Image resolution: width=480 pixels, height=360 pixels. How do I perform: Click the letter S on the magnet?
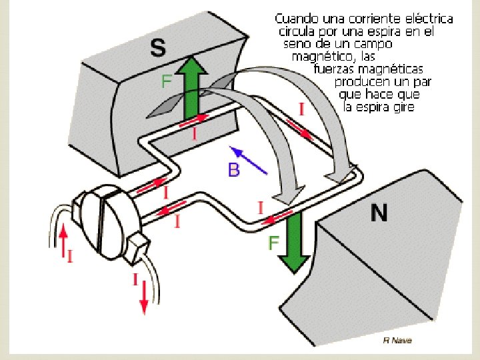pyautogui.click(x=157, y=47)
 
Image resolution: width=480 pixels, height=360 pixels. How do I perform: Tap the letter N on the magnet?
pyautogui.click(x=379, y=213)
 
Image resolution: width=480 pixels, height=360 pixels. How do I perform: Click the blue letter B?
pyautogui.click(x=233, y=170)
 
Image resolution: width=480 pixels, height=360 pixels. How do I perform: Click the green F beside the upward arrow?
pyautogui.click(x=167, y=82)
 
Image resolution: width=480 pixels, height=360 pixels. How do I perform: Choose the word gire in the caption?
pyautogui.click(x=401, y=107)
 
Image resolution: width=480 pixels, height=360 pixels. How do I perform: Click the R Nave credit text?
pyautogui.click(x=397, y=340)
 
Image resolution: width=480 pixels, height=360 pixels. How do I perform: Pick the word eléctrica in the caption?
pyautogui.click(x=426, y=18)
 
